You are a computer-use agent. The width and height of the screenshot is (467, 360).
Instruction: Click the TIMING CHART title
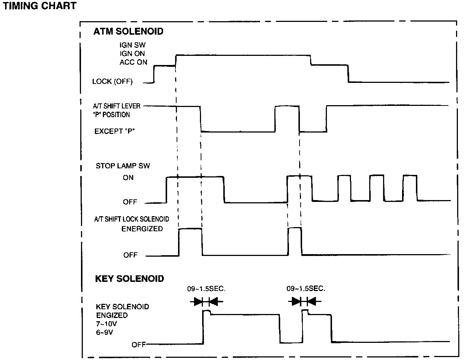tap(40, 6)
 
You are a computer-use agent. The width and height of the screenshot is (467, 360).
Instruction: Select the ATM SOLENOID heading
tap(128, 31)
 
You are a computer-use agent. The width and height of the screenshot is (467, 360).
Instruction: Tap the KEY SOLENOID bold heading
tap(129, 279)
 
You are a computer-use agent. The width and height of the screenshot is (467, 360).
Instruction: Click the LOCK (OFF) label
tap(112, 81)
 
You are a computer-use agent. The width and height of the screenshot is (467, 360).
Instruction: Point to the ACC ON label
tap(133, 62)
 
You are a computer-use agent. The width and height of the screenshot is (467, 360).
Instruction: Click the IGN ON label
tap(132, 54)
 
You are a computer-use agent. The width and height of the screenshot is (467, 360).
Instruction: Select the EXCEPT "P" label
tap(115, 131)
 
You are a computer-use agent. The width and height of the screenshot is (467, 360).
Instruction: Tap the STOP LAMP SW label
tap(123, 166)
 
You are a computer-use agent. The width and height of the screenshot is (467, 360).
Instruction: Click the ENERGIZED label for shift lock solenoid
tap(142, 229)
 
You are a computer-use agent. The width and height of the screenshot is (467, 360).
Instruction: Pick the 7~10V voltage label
tap(107, 323)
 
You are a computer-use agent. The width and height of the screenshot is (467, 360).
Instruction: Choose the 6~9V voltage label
tap(105, 332)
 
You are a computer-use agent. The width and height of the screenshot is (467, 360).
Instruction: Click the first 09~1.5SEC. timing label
tap(207, 289)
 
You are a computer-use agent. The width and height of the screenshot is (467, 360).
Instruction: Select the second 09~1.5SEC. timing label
tap(305, 289)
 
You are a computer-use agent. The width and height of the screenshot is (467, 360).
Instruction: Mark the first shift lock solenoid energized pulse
tap(190, 241)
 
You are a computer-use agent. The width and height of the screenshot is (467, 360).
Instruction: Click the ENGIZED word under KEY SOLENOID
tap(112, 315)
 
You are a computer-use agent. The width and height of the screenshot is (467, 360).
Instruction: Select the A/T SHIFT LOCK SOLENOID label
tap(131, 219)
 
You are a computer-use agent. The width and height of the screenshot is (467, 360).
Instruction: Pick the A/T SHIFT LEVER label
tap(117, 106)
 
